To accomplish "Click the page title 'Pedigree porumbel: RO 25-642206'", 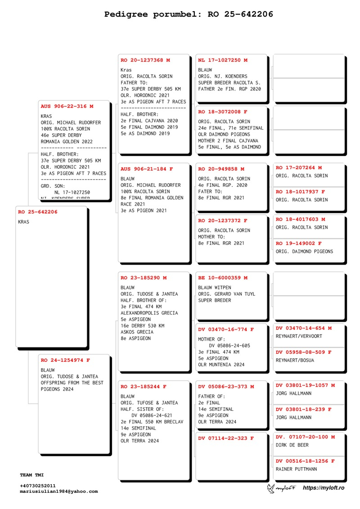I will click(x=189, y=14).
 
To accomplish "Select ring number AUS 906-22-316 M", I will click(x=67, y=106).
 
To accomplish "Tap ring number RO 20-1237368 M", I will click(x=145, y=60).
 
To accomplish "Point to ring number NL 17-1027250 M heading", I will click(x=223, y=60).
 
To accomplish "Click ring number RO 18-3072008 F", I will click(x=223, y=112).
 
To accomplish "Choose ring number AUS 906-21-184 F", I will click(x=147, y=169).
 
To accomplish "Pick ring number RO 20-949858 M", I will click(x=221, y=169).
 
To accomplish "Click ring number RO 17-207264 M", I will click(x=299, y=167).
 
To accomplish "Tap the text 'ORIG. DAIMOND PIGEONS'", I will click(x=305, y=252).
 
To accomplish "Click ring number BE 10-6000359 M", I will click(x=223, y=278).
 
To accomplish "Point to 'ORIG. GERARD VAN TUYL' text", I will click(x=226, y=294).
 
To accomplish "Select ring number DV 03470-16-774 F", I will click(x=226, y=329).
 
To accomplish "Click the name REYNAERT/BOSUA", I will click(x=295, y=360).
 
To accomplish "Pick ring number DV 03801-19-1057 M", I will click(x=305, y=385).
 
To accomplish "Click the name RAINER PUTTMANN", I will click(x=296, y=469).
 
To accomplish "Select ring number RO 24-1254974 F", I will click(x=65, y=360).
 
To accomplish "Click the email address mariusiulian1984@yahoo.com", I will click(x=59, y=491).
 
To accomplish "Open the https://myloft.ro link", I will click(x=324, y=488).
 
